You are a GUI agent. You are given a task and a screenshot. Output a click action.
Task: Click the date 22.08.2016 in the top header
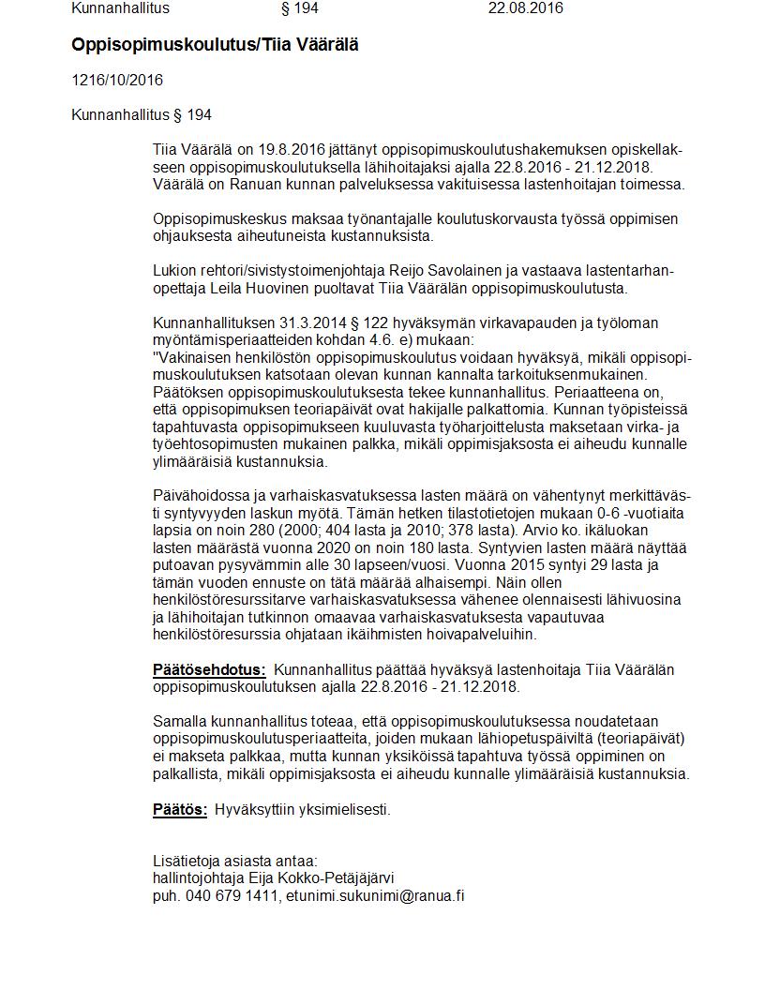[x=525, y=8]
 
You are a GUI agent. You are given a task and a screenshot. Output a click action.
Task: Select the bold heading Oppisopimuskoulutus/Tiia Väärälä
[x=215, y=44]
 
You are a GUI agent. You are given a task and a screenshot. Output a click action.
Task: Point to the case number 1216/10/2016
[x=117, y=80]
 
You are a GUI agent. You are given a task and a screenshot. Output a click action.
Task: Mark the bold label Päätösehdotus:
[x=209, y=669]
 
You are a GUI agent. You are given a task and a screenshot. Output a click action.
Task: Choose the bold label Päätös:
[x=180, y=809]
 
